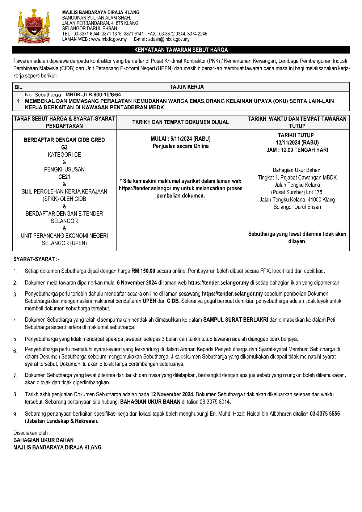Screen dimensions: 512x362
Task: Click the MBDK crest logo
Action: tap(34, 26)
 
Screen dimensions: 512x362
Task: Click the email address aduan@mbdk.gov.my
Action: tap(169, 39)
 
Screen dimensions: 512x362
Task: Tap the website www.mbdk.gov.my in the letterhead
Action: tap(109, 39)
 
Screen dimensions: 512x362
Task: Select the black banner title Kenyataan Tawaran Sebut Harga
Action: tap(181, 50)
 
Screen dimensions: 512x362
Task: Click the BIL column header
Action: tap(18, 87)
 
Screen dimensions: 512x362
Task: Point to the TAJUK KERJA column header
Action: tap(187, 87)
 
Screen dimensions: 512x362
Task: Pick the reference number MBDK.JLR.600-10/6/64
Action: tap(93, 94)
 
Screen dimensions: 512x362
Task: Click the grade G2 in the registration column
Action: tap(64, 147)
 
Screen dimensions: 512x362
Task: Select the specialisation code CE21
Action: tap(64, 177)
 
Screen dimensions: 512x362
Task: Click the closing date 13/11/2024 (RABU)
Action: tap(297, 143)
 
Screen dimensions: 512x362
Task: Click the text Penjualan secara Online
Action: tap(181, 146)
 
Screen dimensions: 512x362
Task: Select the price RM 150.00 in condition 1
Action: tap(143, 271)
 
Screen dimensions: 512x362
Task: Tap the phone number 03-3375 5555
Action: tap(325, 414)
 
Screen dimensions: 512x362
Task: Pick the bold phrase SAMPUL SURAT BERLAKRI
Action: tap(236, 320)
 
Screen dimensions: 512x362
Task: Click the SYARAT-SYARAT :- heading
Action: tap(36, 259)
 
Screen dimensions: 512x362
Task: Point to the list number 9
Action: tap(15, 414)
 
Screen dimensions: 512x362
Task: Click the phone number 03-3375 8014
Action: tap(215, 402)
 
